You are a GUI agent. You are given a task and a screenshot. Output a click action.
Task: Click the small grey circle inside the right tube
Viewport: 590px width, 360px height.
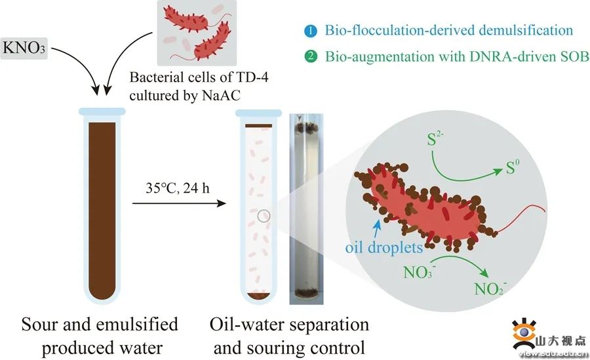(263, 214)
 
